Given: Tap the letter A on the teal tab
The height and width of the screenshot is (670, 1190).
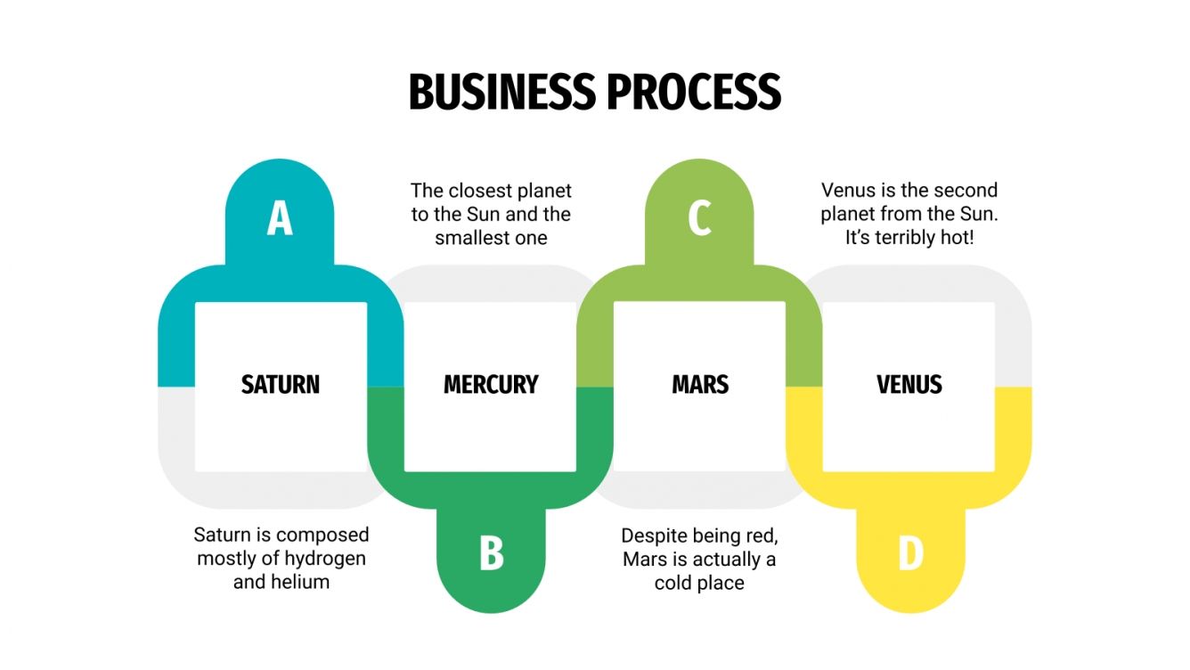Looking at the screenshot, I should point(280,219).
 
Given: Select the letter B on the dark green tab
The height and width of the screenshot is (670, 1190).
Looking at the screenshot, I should point(491,553).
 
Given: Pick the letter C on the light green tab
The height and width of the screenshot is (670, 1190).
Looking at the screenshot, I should point(699,219).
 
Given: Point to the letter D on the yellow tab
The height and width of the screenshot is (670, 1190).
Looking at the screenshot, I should point(910,553).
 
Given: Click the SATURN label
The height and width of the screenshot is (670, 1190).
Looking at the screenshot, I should point(280,385).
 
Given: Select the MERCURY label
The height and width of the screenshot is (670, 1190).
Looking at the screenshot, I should point(491,385).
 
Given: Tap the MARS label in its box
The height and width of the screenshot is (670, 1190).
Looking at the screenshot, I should point(700,385).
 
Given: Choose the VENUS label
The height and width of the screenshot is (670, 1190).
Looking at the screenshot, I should point(909,385).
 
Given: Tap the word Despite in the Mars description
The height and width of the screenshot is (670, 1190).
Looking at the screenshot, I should point(654,535).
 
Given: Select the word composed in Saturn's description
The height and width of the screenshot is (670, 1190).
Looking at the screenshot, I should point(322,535).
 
